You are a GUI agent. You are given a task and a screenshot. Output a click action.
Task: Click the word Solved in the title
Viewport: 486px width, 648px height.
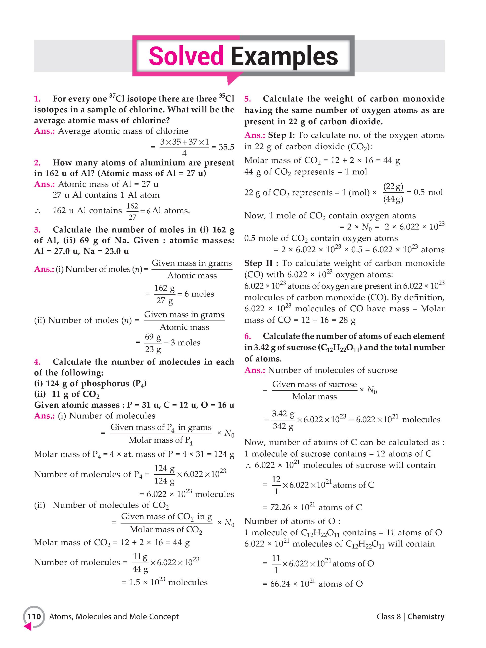[x=186, y=56]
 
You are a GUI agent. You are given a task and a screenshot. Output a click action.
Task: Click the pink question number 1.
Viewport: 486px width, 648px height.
[x=37, y=99]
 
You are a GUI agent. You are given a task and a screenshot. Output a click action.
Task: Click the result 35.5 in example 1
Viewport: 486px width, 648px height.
[x=226, y=147]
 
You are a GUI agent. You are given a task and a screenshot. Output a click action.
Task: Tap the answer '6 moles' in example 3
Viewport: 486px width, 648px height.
[x=199, y=294]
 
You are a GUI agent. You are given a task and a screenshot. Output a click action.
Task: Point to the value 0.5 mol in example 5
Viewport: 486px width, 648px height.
[x=428, y=192]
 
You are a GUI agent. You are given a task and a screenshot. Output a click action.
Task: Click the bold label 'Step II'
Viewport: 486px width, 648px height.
[x=259, y=263]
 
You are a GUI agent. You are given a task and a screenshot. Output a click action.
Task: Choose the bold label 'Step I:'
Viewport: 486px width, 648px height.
[x=282, y=135]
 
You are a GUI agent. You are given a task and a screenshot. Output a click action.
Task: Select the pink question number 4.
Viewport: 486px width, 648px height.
[x=37, y=362]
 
